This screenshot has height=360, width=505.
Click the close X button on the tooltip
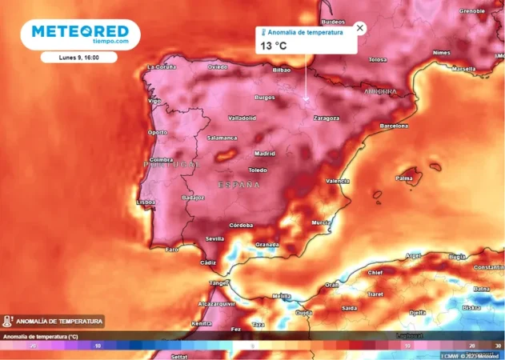(359, 28)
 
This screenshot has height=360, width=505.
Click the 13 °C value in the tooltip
(272, 46)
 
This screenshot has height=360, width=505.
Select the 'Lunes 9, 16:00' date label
(79, 58)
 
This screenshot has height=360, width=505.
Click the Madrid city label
(264, 153)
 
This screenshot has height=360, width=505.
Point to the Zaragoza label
(326, 118)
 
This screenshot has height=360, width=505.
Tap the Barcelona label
(394, 126)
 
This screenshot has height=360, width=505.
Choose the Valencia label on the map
(337, 182)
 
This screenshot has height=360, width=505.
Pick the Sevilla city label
(214, 238)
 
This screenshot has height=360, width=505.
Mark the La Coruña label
(161, 68)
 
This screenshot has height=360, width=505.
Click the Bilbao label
(282, 70)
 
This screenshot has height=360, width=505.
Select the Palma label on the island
(405, 178)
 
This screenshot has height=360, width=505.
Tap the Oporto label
(158, 132)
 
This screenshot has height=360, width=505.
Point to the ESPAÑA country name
(239, 185)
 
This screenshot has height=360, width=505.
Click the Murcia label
(321, 222)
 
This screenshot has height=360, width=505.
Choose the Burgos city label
(264, 98)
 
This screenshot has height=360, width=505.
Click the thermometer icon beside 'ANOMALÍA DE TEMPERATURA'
(7, 322)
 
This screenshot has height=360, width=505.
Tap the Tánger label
(218, 282)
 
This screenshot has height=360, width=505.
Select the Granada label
(267, 244)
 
